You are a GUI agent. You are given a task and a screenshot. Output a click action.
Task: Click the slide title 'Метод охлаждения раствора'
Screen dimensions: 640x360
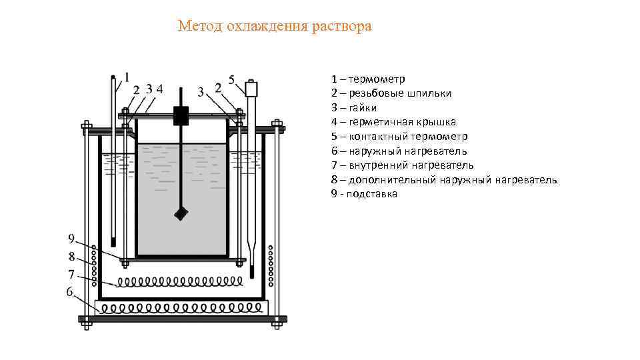275,26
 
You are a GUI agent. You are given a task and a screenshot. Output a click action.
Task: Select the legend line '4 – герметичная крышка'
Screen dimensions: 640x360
393,122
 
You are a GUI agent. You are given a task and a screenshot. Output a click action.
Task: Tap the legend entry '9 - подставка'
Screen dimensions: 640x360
364,194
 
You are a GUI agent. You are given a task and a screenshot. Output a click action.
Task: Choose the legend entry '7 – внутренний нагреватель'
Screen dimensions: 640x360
402,165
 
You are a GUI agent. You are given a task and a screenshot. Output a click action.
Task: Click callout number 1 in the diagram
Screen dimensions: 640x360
127,76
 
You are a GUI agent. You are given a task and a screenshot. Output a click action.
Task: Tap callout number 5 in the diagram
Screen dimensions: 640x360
232,79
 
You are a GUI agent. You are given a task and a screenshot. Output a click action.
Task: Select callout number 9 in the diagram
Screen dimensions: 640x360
71,239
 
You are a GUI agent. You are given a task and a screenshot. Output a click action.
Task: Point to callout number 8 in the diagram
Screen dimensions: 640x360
71,256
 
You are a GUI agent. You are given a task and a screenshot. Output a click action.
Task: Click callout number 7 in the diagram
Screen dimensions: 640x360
71,273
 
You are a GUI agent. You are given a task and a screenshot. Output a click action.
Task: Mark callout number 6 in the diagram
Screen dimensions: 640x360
69,291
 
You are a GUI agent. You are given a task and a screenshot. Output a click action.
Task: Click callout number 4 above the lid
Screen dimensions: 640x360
159,88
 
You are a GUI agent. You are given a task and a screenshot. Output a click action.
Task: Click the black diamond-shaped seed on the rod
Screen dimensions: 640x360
181,213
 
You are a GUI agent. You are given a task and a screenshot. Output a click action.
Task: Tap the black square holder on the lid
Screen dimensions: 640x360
181,115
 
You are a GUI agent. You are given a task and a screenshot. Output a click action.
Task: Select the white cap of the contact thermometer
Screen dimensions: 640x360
251,89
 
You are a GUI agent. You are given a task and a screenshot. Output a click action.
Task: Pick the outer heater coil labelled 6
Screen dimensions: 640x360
181,308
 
